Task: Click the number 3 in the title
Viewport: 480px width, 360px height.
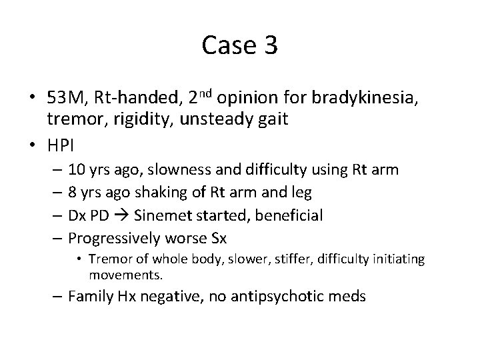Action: [270, 46]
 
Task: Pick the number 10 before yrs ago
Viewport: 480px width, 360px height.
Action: [77, 170]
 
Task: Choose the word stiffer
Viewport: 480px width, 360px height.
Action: [265, 259]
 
